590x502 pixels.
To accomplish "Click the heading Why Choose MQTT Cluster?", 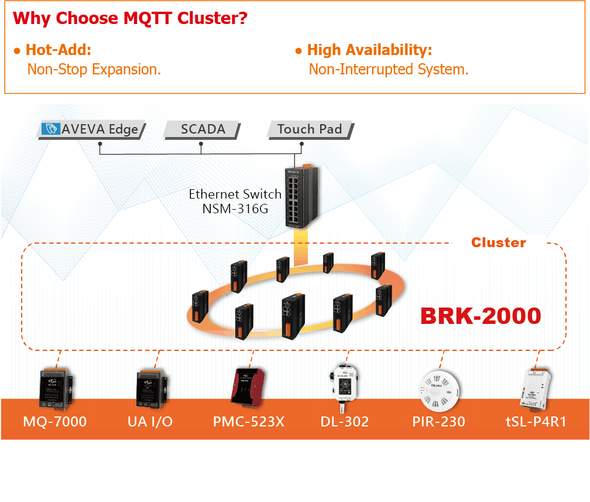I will (130, 18).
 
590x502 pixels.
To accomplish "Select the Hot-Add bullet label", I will (58, 50).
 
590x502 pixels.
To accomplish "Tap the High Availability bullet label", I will (369, 50).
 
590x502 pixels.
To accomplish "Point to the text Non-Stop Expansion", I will (94, 70).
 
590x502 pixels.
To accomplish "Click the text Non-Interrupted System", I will (389, 70).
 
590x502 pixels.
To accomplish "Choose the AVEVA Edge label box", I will (92, 129).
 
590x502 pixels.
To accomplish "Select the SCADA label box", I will (203, 129).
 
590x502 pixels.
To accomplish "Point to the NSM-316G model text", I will (235, 207).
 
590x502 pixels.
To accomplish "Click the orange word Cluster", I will (499, 243).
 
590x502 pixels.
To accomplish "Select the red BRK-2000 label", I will (481, 316).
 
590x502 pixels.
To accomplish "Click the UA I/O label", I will (150, 421).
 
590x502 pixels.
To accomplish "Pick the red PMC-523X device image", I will (250, 387).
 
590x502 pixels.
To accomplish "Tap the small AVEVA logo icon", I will (52, 129).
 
